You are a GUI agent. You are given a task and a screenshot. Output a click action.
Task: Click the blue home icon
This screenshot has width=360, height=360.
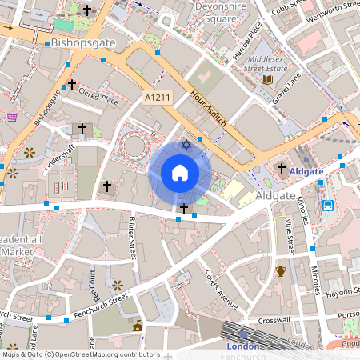(x=180, y=173)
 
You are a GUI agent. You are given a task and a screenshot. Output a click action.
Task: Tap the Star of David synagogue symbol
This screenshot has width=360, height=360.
(x=186, y=145)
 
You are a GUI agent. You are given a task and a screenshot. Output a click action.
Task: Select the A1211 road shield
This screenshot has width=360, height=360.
(x=158, y=97)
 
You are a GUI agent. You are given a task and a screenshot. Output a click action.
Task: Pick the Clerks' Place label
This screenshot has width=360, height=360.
(x=98, y=96)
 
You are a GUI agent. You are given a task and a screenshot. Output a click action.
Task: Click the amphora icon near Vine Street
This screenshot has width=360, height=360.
(x=281, y=270)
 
